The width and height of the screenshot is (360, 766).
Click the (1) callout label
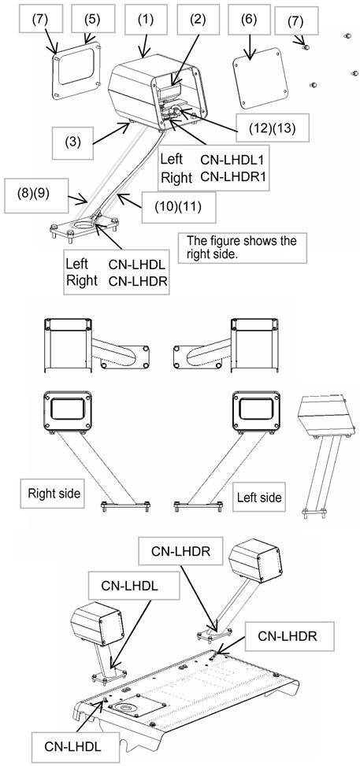click(x=145, y=19)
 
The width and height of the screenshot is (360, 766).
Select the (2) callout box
click(x=198, y=19)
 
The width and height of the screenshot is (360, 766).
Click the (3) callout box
click(x=72, y=143)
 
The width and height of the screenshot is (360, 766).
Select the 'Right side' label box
click(x=51, y=493)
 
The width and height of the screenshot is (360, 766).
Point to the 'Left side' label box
click(x=258, y=498)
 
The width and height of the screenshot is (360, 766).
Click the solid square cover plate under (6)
click(x=260, y=78)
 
